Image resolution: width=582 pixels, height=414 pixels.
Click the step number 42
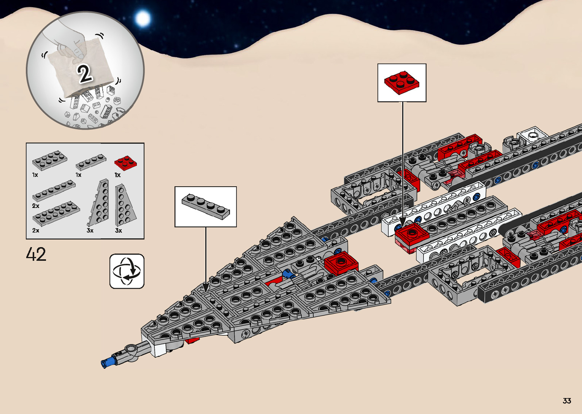(x=36, y=254)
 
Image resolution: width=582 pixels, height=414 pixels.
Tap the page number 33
(x=567, y=401)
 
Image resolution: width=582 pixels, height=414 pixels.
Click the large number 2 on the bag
(x=85, y=73)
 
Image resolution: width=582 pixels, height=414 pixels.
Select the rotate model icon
(x=127, y=271)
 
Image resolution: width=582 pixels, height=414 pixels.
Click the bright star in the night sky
(x=143, y=18)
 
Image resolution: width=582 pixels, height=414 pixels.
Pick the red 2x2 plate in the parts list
(x=125, y=162)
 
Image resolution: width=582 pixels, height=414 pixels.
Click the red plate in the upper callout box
(x=401, y=82)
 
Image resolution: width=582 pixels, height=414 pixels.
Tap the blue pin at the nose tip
(x=108, y=362)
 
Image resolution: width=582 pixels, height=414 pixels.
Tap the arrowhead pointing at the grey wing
(x=206, y=287)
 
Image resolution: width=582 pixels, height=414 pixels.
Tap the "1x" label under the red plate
(x=117, y=175)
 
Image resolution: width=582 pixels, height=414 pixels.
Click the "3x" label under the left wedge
(x=90, y=230)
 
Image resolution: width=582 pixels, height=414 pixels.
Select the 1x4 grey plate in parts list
(x=90, y=162)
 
